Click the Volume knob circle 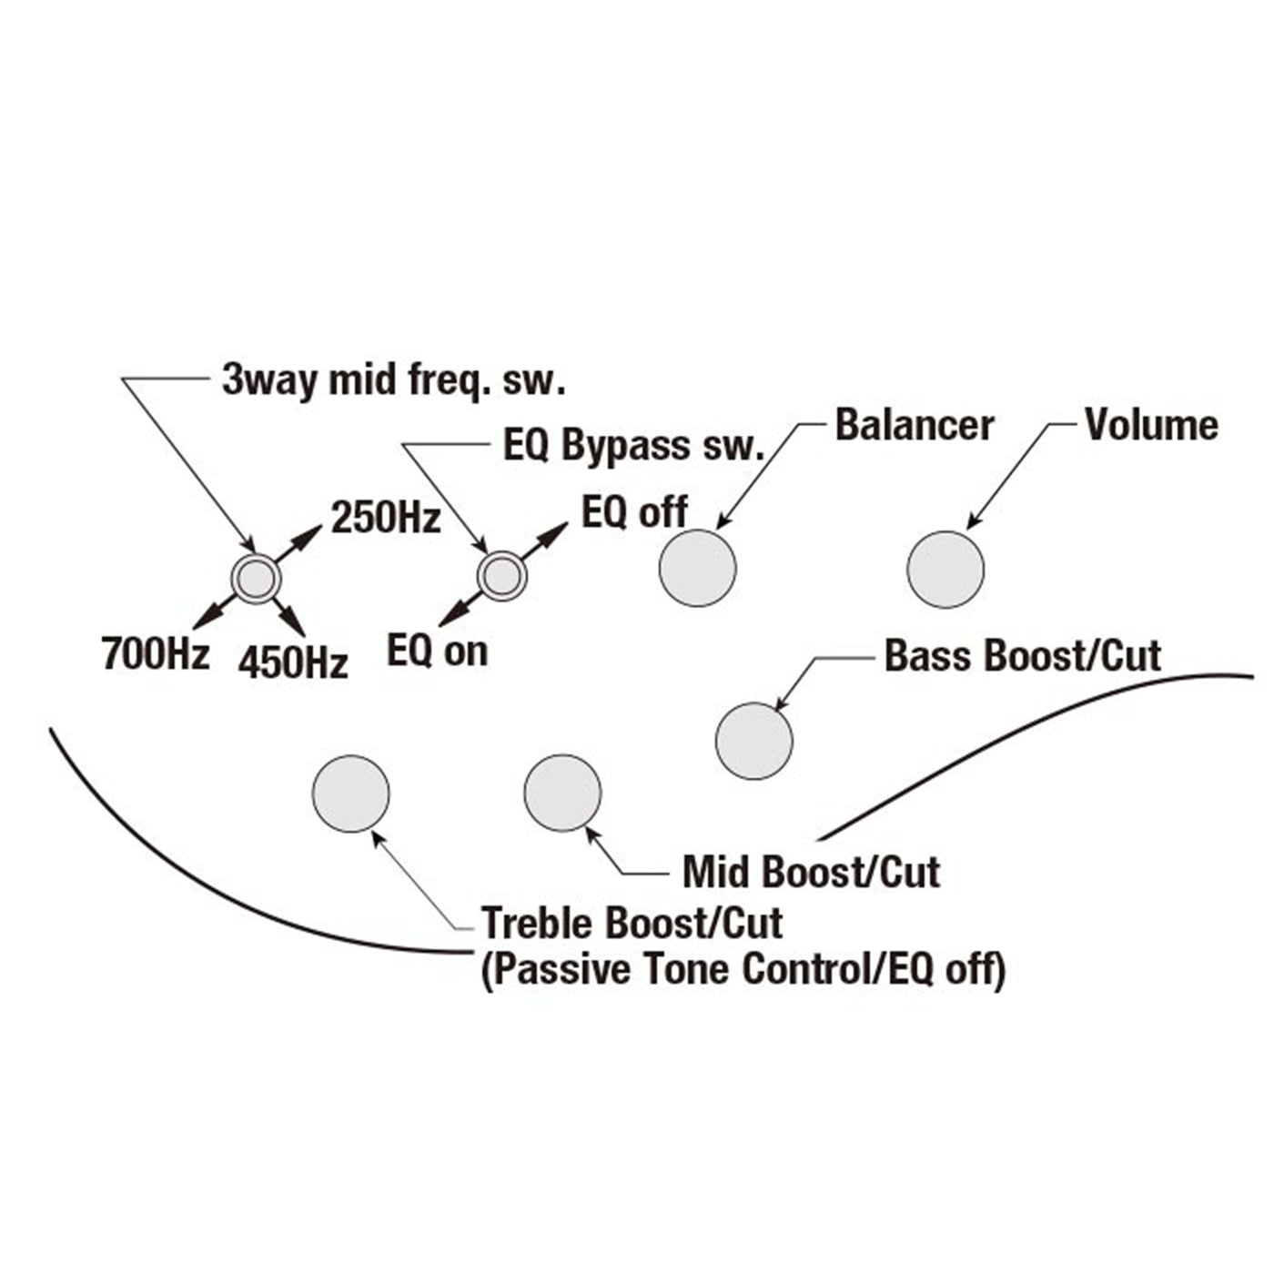pos(945,570)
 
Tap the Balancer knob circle pos(697,568)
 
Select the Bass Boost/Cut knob pos(753,741)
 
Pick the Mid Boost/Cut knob pos(562,793)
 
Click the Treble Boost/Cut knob pos(350,794)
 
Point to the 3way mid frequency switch pos(256,577)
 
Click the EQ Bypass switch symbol pos(502,575)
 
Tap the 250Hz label pos(386,519)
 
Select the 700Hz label pos(156,653)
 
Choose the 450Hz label pos(293,662)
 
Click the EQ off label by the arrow pos(634,512)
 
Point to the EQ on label pos(438,652)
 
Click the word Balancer pos(914,426)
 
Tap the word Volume pos(1151,425)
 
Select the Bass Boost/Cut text pos(1023,656)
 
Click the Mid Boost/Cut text pos(812,872)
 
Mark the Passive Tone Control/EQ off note pos(743,970)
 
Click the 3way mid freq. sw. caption pos(393,380)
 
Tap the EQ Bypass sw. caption pos(632,446)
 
